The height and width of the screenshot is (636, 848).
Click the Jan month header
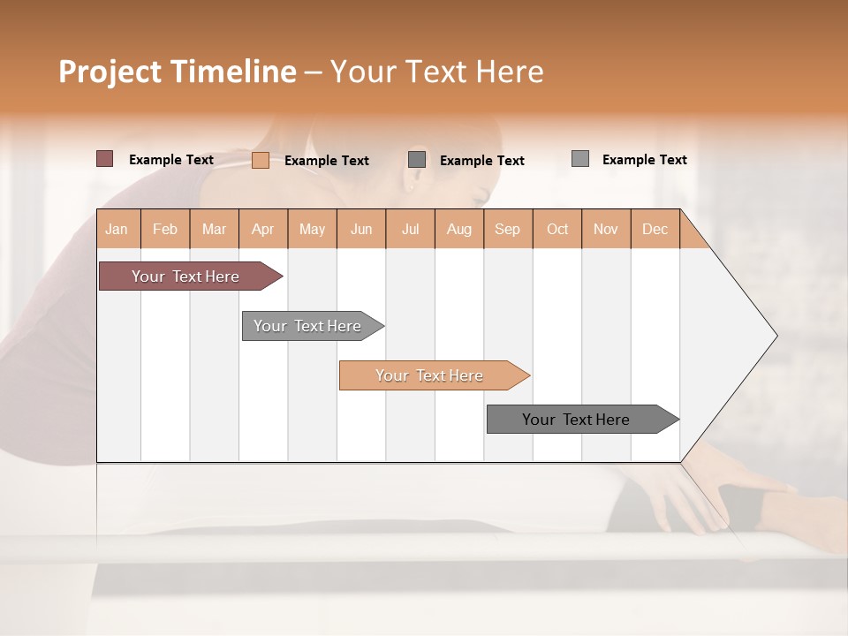click(117, 230)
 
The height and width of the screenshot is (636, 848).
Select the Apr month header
click(263, 230)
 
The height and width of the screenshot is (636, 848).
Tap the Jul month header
click(411, 230)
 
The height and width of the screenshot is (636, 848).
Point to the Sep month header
click(507, 230)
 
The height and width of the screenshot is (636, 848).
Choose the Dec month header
click(655, 230)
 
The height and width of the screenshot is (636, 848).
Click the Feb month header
click(165, 230)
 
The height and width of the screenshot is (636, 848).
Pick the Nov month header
click(606, 230)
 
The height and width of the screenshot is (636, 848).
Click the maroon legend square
click(105, 159)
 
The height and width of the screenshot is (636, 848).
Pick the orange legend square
click(261, 160)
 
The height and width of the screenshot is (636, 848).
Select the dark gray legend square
click(417, 160)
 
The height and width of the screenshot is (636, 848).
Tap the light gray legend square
click(580, 159)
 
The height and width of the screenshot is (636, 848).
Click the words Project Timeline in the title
click(178, 72)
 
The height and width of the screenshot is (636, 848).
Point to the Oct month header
click(557, 230)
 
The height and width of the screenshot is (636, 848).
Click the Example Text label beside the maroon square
click(171, 160)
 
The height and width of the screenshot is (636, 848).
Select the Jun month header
click(361, 230)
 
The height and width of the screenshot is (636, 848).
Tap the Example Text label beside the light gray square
click(645, 160)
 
